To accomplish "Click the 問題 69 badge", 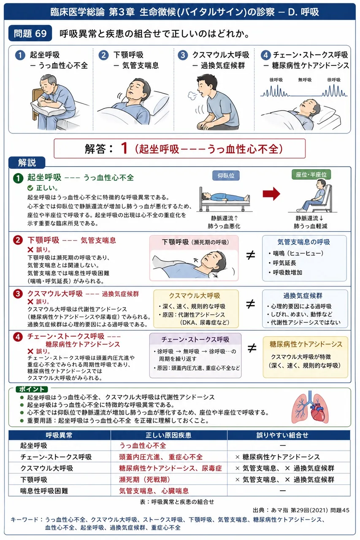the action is (x=30, y=33).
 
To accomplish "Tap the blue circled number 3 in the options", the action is (x=183, y=55).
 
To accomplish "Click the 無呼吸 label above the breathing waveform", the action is (x=305, y=80).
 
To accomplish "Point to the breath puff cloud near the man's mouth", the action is (x=192, y=95).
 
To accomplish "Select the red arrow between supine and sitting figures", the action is (x=271, y=194).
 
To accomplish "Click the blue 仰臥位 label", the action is (x=226, y=175).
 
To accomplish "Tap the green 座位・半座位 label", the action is (x=311, y=175).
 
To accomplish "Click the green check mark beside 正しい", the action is (x=30, y=188).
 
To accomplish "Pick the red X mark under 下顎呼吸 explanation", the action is (x=30, y=249).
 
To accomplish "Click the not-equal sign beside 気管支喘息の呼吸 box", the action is (x=251, y=255).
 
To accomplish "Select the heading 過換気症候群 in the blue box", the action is (x=303, y=296).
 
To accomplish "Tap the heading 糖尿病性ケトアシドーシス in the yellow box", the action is (x=306, y=344).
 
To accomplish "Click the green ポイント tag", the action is (x=32, y=389).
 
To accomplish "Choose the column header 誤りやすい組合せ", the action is (x=282, y=435).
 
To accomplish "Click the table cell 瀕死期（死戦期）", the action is (x=144, y=480).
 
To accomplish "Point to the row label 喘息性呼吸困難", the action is (x=44, y=491).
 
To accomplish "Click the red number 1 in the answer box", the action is (x=124, y=148).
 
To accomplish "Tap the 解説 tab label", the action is (x=27, y=162).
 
